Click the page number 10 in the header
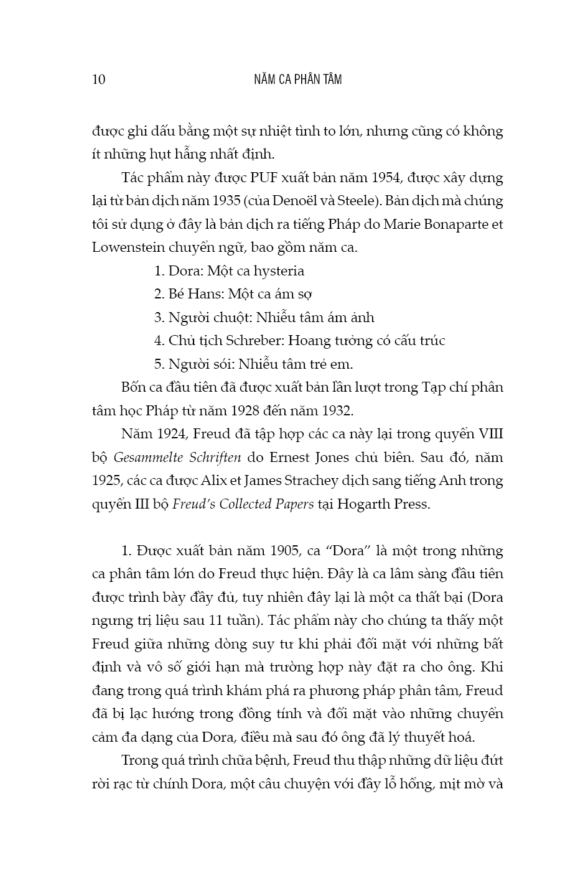coord(99,80)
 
